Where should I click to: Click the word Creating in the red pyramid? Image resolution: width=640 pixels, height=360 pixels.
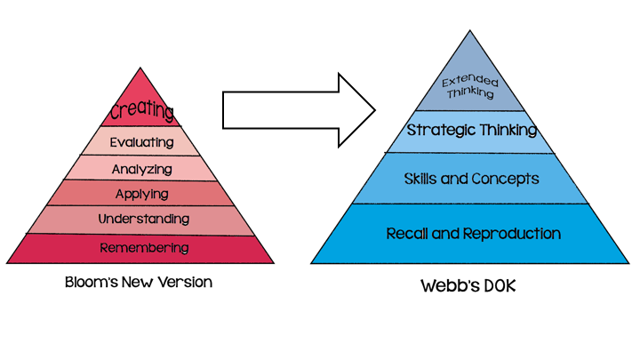point(143,111)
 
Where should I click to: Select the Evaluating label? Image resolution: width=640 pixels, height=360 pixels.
point(143,142)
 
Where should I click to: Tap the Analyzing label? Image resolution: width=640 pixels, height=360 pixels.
point(142,168)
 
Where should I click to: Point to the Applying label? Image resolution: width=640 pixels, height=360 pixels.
point(143,193)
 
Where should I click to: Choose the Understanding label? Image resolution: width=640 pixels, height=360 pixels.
point(143,219)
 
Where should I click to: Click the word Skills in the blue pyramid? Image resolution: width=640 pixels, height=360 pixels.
point(422,179)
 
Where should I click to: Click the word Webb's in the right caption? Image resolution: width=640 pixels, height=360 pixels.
point(444,286)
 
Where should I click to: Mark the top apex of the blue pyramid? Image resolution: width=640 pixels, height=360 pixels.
point(472,32)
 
